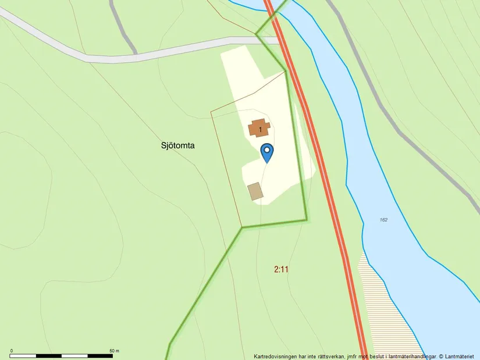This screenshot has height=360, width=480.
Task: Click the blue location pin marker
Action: click(x=266, y=152)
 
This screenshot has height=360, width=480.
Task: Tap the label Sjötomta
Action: click(x=177, y=145)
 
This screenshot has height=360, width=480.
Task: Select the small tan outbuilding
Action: click(x=255, y=191)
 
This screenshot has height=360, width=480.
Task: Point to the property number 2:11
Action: click(x=281, y=269)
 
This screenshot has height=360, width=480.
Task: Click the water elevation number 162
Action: click(x=383, y=220)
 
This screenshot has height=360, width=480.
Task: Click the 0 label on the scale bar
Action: click(x=12, y=351)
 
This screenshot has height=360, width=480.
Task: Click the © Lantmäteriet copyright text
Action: click(x=456, y=356)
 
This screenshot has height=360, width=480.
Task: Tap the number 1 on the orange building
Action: click(x=260, y=129)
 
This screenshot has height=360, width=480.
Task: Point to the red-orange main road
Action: click(x=326, y=174)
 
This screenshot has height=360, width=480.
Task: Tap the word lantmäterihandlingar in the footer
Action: click(x=407, y=356)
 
